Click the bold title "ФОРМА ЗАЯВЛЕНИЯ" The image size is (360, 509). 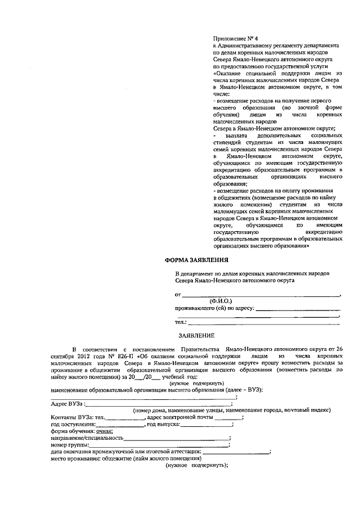(196, 260)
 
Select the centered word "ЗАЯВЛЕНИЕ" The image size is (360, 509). (196, 335)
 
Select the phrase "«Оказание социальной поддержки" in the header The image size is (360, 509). (255, 74)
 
